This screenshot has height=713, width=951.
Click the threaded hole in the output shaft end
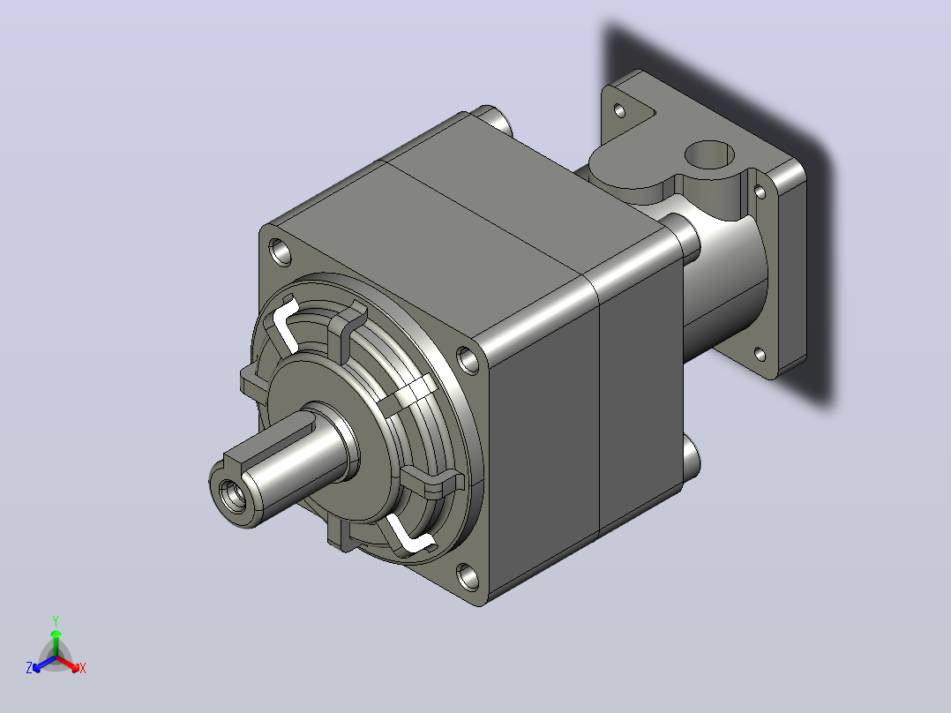pos(233,496)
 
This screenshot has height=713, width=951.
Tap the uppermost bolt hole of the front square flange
pos(281,251)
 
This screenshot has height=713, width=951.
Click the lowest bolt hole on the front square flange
pos(467,576)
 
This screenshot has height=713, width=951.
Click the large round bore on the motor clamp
pos(709,155)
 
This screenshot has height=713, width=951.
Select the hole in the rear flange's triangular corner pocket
pos(619,110)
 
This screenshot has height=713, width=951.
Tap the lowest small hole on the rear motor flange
pos(760,353)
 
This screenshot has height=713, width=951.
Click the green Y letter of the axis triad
pos(56,620)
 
